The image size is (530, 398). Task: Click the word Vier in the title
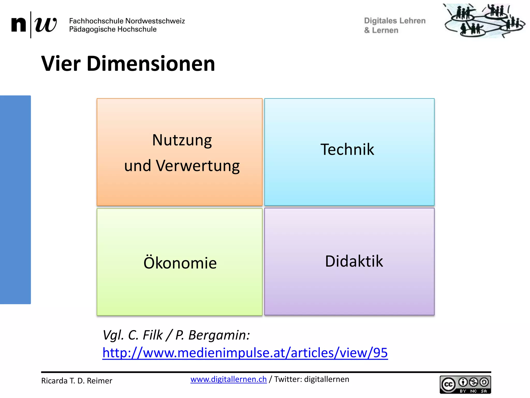[x=61, y=64]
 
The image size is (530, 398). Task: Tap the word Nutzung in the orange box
[x=182, y=140]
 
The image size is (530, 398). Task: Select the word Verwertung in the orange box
[x=198, y=166]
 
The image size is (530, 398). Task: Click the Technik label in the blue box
[x=347, y=150]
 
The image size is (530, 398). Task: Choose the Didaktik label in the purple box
[x=354, y=261]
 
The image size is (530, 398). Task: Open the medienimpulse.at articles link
[x=245, y=353]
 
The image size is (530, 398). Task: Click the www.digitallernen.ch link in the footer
[x=228, y=379]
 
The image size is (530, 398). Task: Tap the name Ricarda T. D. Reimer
[x=77, y=381]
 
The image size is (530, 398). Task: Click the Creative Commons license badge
[x=465, y=385]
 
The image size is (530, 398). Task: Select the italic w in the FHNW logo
[x=46, y=25]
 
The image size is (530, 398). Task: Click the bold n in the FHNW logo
[x=19, y=25]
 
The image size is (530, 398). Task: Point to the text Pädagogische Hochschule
[x=113, y=29]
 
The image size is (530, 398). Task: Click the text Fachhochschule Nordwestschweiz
[x=127, y=21]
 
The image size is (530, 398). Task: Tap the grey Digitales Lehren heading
[x=394, y=21]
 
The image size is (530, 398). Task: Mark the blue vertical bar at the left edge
[x=15, y=200]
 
